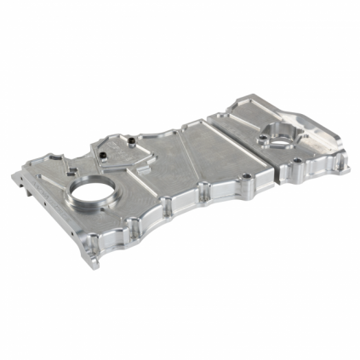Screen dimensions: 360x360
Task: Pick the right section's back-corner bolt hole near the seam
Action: click(x=236, y=110)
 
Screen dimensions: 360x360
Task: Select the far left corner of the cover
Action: click(x=15, y=177)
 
